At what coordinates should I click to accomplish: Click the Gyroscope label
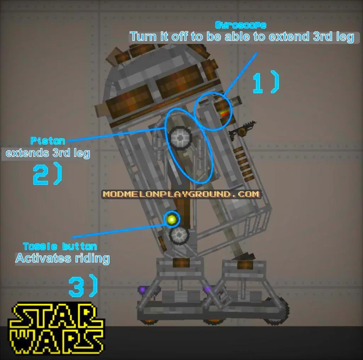pyautogui.click(x=241, y=25)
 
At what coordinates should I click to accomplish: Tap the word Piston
pyautogui.click(x=48, y=141)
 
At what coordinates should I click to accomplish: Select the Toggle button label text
pyautogui.click(x=60, y=247)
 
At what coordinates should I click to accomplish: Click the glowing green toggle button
pyautogui.click(x=172, y=219)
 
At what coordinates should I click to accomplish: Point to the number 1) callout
pyautogui.click(x=266, y=82)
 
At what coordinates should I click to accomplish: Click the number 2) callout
pyautogui.click(x=48, y=173)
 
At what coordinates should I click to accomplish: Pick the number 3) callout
pyautogui.click(x=83, y=286)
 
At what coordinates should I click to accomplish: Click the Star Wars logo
pyautogui.click(x=56, y=328)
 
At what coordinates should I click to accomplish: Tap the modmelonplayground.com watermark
pyautogui.click(x=181, y=194)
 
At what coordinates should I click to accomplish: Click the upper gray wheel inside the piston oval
pyautogui.click(x=180, y=138)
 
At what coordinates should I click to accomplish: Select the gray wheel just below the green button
pyautogui.click(x=179, y=235)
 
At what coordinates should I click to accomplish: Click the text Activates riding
pyautogui.click(x=62, y=258)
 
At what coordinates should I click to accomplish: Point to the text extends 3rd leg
pyautogui.click(x=48, y=153)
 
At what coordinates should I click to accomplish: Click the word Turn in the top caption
pyautogui.click(x=143, y=37)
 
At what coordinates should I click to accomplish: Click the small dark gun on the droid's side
pyautogui.click(x=242, y=130)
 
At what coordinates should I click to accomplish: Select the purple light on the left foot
pyautogui.click(x=143, y=289)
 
